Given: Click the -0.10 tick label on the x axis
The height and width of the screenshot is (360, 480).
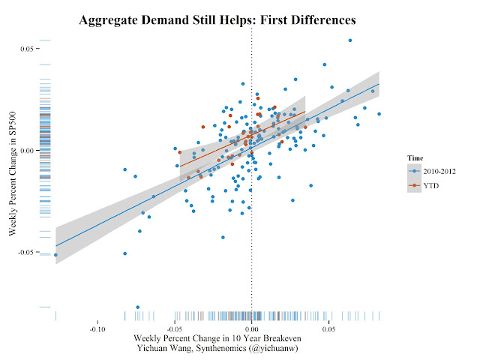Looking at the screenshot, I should [x=97, y=328].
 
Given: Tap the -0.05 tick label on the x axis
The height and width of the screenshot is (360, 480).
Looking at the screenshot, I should [x=174, y=328].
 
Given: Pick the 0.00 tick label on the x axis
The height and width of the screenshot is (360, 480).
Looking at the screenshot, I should [x=251, y=328].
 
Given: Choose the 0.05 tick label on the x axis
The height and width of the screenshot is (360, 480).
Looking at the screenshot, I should [x=328, y=328].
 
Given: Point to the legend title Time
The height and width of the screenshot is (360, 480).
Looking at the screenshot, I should [x=416, y=158].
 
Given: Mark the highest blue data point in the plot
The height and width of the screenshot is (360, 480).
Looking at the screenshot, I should [x=350, y=40].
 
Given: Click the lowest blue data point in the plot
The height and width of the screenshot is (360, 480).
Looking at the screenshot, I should [x=138, y=307].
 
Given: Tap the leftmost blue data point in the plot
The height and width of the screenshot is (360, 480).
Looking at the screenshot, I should [x=55, y=255].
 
